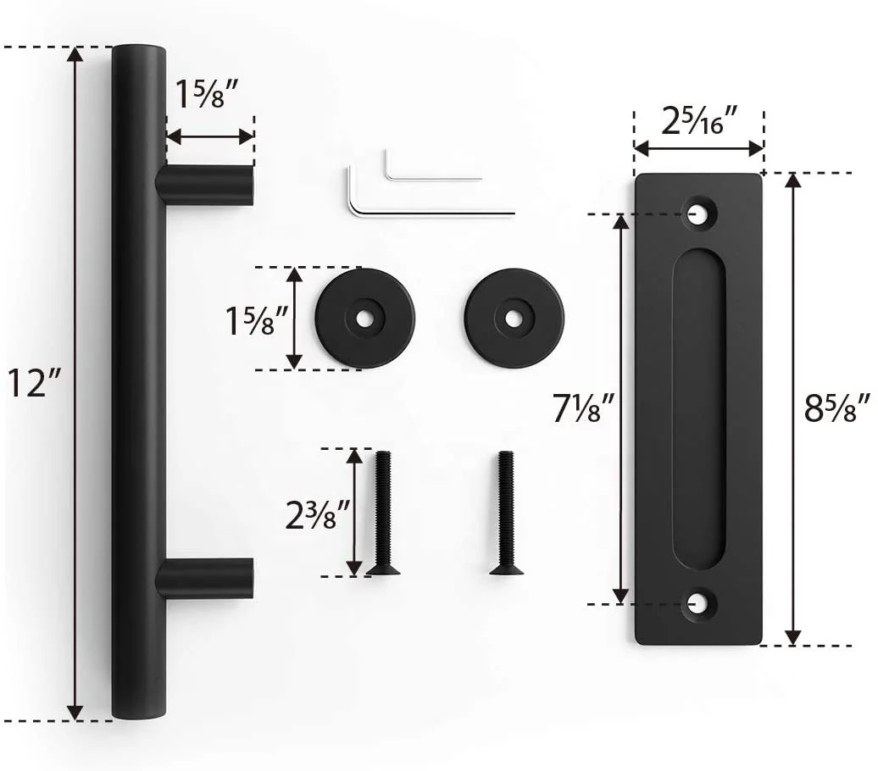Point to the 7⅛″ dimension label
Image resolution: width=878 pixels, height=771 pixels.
583,411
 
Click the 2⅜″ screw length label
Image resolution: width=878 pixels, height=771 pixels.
317,513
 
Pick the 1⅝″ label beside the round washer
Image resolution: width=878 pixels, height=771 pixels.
250,320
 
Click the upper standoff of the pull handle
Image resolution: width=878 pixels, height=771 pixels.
206,185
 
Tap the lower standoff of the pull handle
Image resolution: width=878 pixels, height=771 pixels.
206,579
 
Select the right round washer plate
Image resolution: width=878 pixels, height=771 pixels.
514,318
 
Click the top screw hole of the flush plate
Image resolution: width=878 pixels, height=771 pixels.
699,213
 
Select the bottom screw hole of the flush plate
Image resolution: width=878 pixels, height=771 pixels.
699,603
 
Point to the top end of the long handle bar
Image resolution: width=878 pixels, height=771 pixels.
139,53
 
